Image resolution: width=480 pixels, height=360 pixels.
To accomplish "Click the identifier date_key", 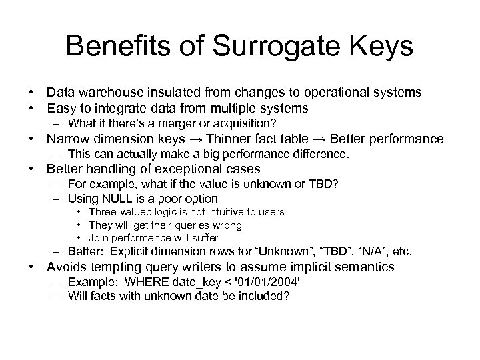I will pyautogui.click(x=184, y=283).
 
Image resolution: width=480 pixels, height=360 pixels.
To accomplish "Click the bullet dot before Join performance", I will pyautogui.click(x=80, y=238).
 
